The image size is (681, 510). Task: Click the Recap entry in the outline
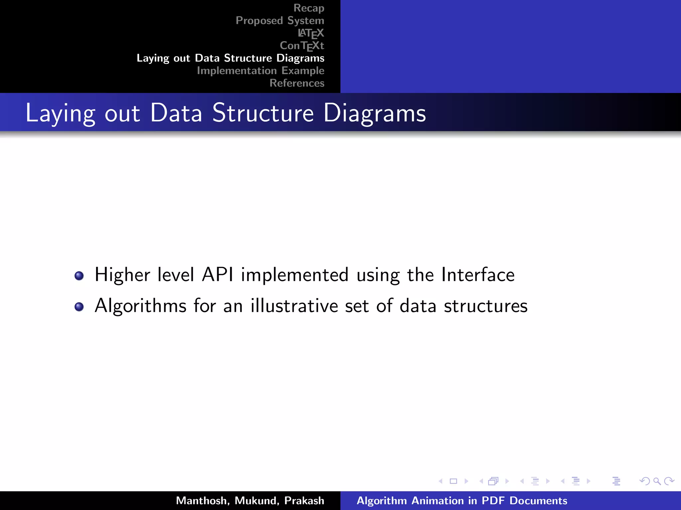point(309,8)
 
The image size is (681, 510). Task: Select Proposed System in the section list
point(280,21)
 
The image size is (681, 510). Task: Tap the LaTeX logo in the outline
point(311,33)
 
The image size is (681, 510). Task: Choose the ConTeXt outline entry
point(302,45)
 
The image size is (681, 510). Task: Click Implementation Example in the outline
point(260,71)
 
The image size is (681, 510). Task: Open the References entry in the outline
point(297,83)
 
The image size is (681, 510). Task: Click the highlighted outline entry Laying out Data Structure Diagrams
point(230,58)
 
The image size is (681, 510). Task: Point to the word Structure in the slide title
point(263,113)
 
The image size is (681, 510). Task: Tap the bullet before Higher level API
point(79,276)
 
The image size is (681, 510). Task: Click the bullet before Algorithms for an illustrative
point(79,306)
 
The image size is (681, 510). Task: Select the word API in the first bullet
point(217,275)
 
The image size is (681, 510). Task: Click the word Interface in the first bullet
point(478,275)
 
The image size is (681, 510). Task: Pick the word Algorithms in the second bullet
point(140,306)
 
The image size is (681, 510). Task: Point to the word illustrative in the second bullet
point(294,306)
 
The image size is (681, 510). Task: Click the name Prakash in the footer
point(304,501)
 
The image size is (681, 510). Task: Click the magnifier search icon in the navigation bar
point(657,481)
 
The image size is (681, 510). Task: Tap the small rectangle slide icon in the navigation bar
point(453,481)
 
